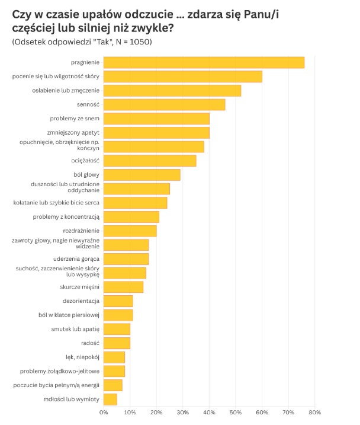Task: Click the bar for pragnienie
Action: (204, 62)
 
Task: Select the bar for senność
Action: (164, 104)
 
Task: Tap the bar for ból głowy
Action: (142, 175)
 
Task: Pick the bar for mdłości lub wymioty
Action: (110, 400)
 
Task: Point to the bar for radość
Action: (117, 343)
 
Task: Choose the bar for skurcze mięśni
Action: (123, 287)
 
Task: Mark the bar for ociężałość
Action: (150, 161)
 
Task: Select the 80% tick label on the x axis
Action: (314, 412)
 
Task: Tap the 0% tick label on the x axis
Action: (104, 412)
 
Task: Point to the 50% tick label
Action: (235, 412)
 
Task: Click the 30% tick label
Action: (183, 412)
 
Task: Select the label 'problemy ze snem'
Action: (75, 119)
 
